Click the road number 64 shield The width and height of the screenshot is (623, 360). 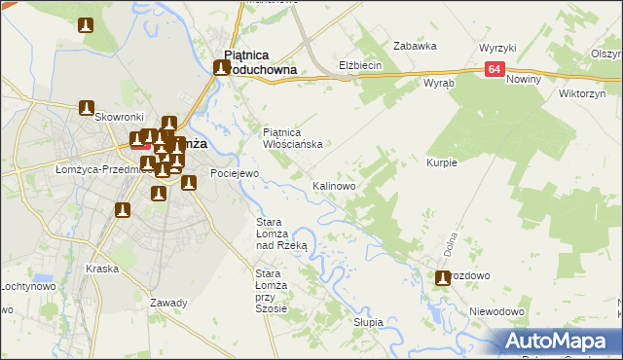point(495,69)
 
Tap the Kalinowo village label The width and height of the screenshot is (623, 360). point(334,185)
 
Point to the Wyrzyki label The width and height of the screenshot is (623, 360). point(497,48)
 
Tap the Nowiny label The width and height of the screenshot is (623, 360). point(524,78)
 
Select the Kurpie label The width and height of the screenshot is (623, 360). point(441,162)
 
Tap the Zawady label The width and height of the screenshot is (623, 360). point(168,303)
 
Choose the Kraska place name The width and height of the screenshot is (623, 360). point(102,269)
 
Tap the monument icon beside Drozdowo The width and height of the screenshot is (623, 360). point(443,277)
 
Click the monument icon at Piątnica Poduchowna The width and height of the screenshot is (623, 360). point(222,68)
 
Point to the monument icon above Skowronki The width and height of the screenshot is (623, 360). point(87,107)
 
